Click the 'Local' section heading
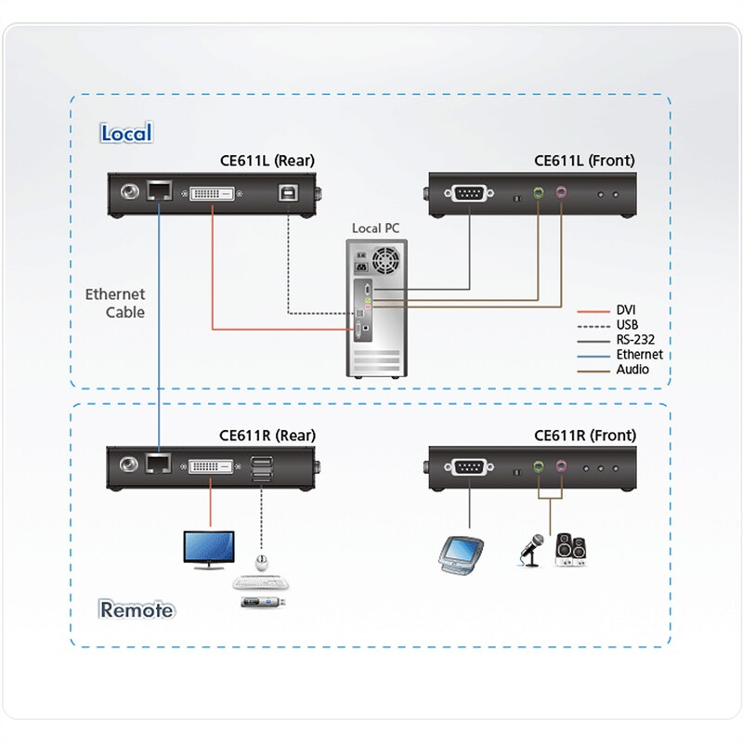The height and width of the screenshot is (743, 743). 126,133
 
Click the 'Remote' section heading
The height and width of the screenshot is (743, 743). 137,610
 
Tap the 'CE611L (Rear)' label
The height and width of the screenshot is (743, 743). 267,161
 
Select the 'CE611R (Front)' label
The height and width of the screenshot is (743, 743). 585,435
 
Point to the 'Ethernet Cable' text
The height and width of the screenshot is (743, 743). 115,304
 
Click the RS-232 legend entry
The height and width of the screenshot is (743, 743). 636,340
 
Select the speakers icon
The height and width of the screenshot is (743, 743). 570,549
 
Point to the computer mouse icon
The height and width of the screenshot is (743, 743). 261,563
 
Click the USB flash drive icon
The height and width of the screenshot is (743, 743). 263,603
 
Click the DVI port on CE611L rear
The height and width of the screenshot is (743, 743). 214,194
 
